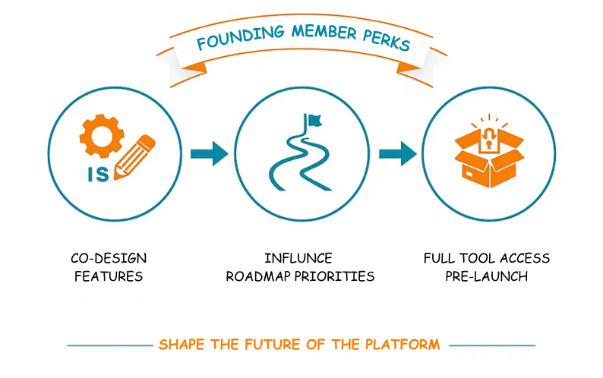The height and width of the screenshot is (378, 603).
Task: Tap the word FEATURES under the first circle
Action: click(x=109, y=276)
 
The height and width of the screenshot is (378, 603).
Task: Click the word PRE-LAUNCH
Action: click(x=486, y=276)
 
